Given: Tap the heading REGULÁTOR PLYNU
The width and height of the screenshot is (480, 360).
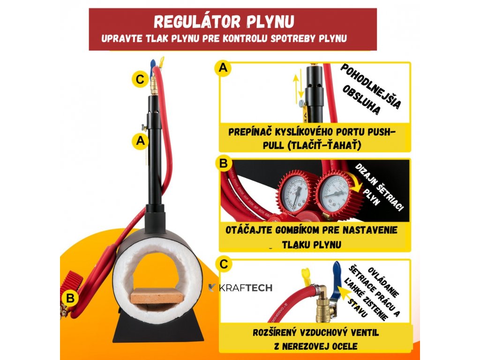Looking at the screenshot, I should click(224, 22).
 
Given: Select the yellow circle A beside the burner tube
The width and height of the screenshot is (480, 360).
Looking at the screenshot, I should click(139, 140).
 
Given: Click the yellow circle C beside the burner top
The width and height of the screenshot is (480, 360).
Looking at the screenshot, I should click(139, 79).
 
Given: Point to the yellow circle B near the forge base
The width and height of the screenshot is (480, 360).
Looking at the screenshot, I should click(70, 297).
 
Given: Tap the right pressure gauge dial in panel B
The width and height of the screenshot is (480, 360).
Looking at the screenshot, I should click(333, 192).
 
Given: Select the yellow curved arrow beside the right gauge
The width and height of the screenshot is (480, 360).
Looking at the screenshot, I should click(357, 186).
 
